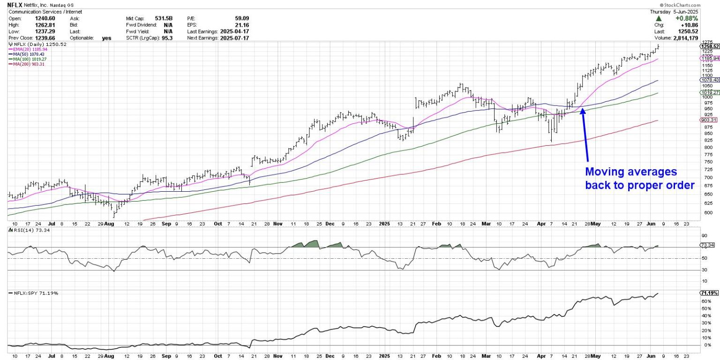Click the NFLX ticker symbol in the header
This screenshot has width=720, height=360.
15,4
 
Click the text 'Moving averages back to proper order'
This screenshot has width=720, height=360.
639,178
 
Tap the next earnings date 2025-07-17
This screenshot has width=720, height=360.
233,37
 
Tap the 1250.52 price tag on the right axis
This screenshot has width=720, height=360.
708,46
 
